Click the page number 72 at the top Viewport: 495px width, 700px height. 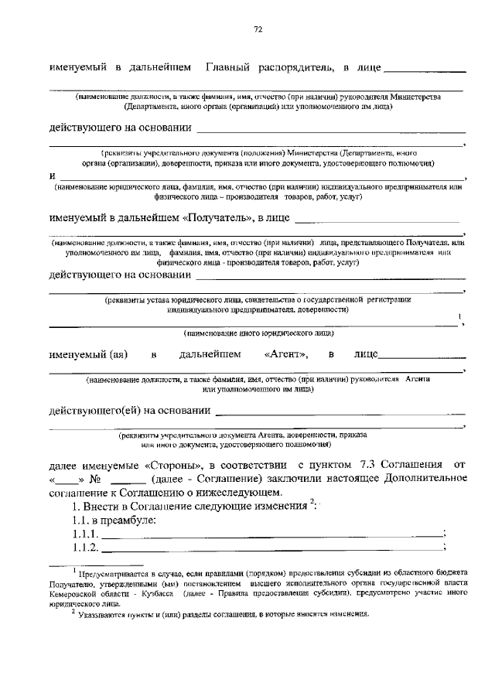tap(258, 29)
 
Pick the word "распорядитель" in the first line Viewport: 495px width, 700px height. tap(295, 68)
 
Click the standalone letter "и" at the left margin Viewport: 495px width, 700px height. tap(52, 176)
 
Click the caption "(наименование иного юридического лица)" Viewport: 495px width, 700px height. tap(258, 334)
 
